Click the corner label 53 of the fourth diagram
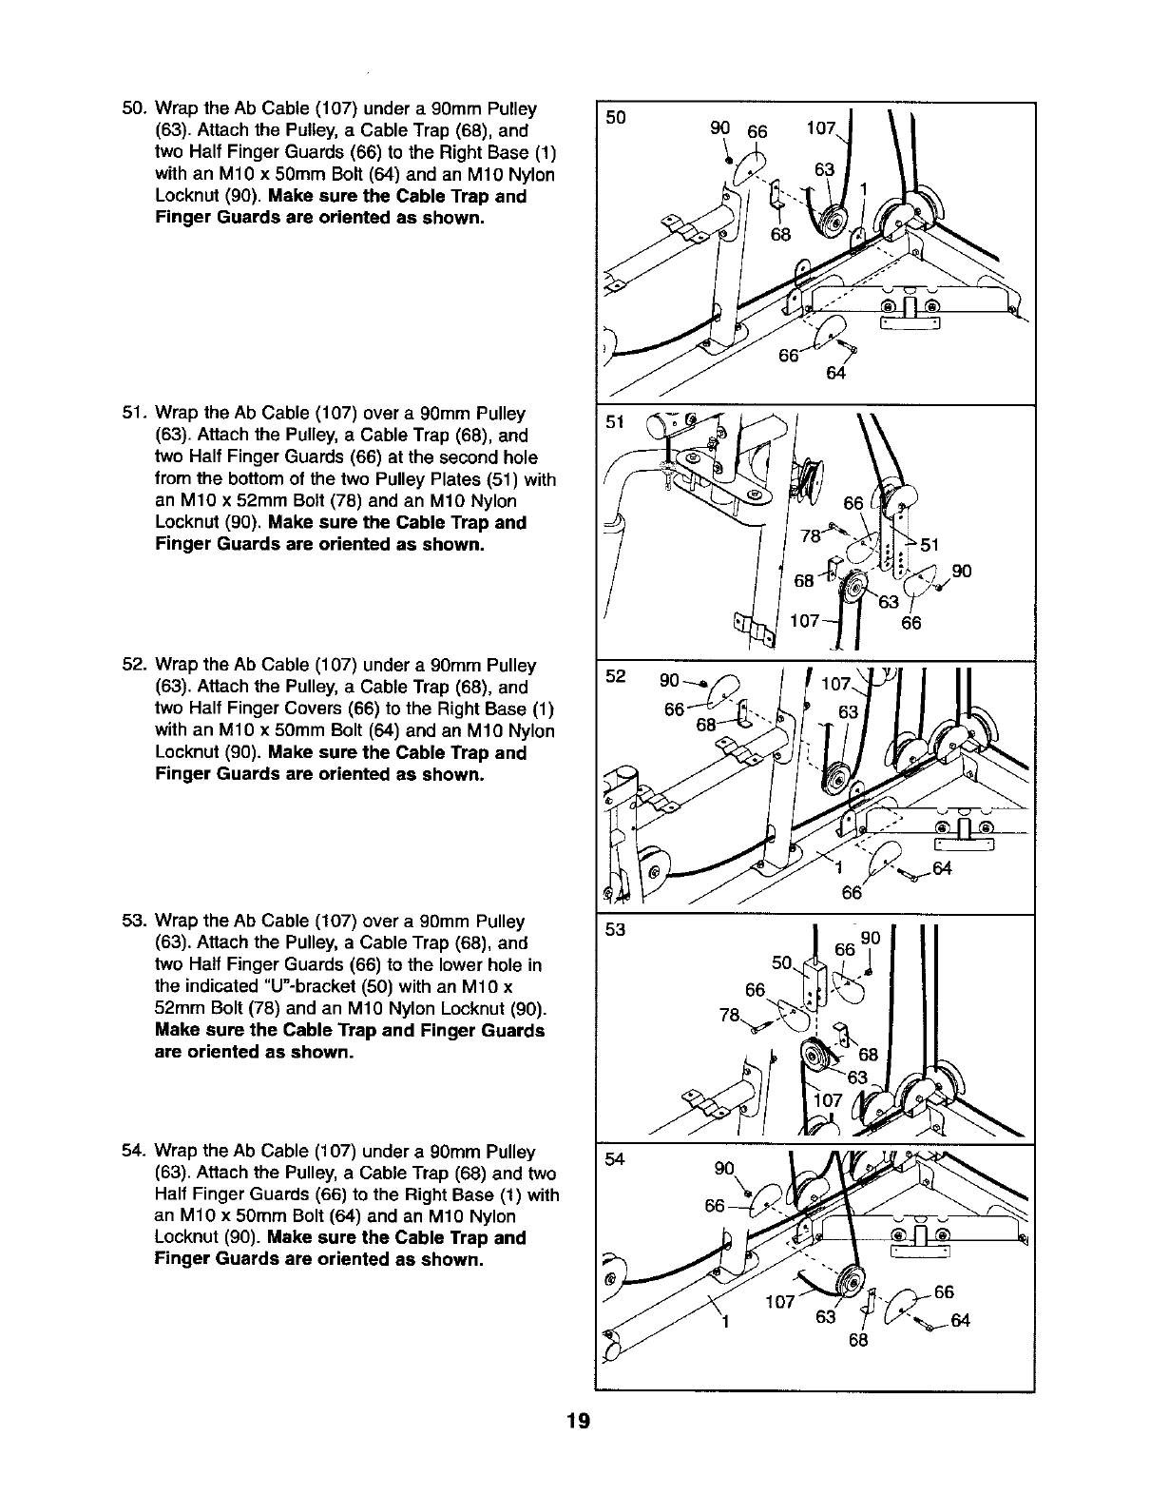616,930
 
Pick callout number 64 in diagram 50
835,373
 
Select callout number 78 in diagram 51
810,536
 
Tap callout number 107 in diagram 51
805,622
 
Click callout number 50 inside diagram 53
782,963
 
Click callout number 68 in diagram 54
858,1340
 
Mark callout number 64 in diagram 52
941,868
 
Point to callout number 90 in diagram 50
719,127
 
